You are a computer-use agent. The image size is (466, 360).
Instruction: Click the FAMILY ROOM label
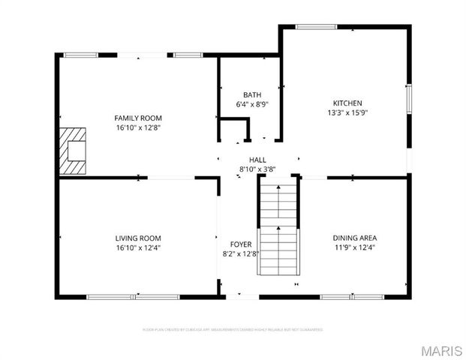click(x=138, y=118)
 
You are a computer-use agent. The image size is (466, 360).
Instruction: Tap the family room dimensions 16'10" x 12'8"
click(x=138, y=127)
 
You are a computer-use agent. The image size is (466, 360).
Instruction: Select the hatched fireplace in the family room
click(x=74, y=150)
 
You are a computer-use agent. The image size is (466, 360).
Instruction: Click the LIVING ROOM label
click(x=138, y=238)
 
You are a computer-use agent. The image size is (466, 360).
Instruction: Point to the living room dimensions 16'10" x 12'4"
click(x=138, y=247)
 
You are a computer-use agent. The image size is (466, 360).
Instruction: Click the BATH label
click(x=251, y=94)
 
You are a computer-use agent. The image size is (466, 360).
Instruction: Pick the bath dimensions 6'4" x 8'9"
click(x=251, y=104)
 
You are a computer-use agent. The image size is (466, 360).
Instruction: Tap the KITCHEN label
click(x=348, y=103)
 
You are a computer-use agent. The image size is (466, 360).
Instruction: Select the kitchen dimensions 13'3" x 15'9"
click(x=348, y=112)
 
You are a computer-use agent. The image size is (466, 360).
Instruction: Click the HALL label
click(x=257, y=160)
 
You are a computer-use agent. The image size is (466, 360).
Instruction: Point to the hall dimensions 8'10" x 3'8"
click(x=257, y=169)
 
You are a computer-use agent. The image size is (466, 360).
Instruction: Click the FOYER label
click(x=241, y=244)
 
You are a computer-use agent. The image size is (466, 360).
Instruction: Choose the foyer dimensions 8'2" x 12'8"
click(x=241, y=253)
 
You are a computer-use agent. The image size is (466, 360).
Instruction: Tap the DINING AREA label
click(x=354, y=238)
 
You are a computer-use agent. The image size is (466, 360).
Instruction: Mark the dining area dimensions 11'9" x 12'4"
click(x=354, y=247)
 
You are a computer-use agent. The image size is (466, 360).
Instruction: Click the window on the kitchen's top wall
click(x=315, y=27)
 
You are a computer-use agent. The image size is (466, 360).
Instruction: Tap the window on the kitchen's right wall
click(x=409, y=98)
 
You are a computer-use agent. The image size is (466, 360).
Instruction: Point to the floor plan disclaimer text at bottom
click(x=233, y=329)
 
